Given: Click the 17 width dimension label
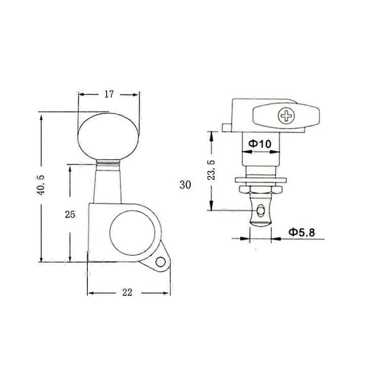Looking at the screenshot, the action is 109,94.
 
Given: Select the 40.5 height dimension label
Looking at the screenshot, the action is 41,185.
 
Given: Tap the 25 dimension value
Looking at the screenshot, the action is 70,215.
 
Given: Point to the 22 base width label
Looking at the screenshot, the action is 128,292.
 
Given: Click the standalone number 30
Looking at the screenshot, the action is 185,184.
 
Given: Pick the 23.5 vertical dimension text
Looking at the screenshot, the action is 212,170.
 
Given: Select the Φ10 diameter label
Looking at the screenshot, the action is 260,144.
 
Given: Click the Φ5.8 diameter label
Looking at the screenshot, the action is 302,232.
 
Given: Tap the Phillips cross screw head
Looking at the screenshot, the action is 286,116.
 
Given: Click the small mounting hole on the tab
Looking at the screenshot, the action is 160,261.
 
